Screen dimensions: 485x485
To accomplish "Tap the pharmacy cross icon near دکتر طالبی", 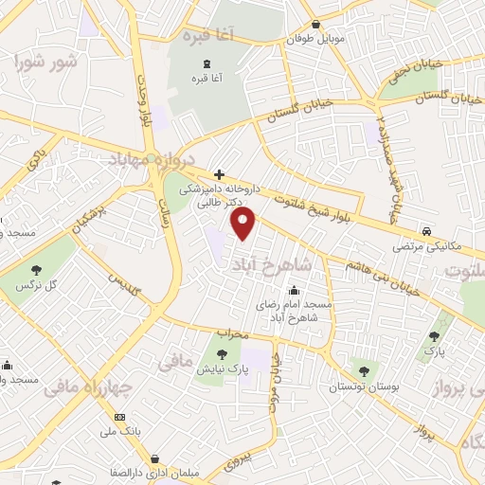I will point(219,174).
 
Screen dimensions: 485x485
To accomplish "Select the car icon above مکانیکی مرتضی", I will point(427,231).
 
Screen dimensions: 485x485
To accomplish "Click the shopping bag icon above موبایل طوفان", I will point(314,25).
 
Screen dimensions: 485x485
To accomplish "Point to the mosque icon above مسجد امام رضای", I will point(295,291).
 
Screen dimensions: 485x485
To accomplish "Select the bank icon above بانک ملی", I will point(119,417).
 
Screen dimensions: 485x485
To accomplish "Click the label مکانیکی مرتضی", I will point(427,246).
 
